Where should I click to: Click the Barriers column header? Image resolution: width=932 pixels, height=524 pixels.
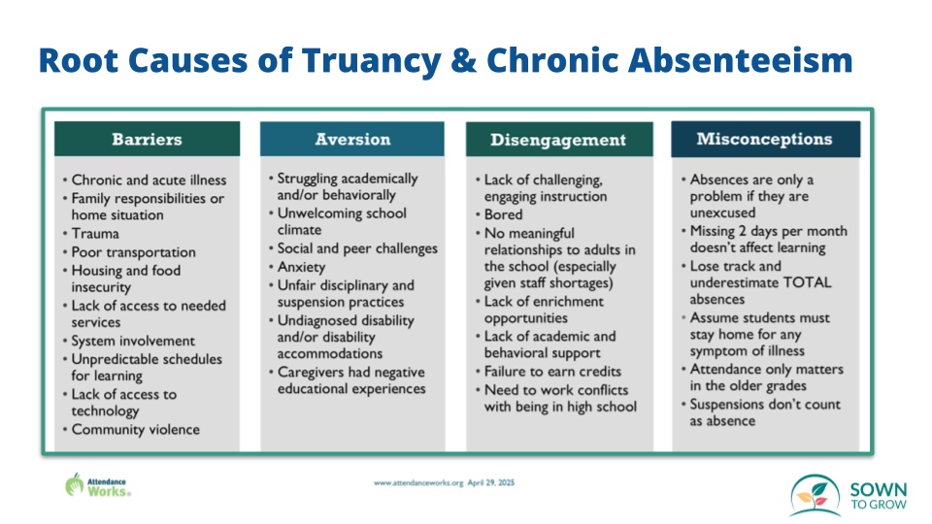[x=147, y=139]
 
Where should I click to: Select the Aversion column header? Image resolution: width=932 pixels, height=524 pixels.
[x=351, y=139]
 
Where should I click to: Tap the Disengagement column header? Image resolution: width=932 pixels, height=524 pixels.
[x=557, y=140]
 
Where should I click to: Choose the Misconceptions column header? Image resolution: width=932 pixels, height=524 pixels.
[x=764, y=139]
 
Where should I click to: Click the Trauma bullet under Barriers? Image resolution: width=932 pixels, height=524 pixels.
[x=95, y=234]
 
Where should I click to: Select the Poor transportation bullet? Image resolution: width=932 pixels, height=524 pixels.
[x=133, y=252]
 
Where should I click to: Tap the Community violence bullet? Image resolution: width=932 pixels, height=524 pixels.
[x=135, y=430]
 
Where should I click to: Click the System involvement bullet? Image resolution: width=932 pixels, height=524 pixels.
[x=133, y=341]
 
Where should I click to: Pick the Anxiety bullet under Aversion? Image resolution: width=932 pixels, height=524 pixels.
[x=301, y=267]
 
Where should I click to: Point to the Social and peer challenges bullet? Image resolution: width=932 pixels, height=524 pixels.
[x=356, y=248]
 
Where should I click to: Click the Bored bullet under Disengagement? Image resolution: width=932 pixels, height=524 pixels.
[x=503, y=214]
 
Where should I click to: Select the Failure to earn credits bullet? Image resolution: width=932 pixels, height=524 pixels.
[x=552, y=372]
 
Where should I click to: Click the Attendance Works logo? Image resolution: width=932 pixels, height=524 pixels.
[x=97, y=484]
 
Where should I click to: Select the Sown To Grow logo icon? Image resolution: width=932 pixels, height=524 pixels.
[x=814, y=495]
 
